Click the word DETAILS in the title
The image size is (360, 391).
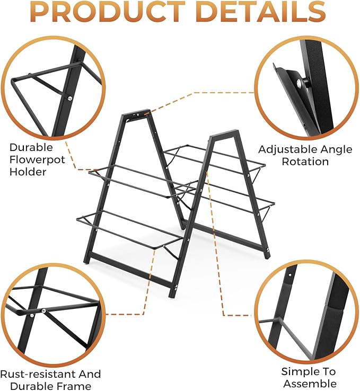pyautogui.click(x=261, y=12)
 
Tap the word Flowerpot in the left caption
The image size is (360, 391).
pyautogui.click(x=37, y=159)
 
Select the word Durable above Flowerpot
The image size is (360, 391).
pyautogui.click(x=31, y=147)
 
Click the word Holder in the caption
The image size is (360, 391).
pyautogui.click(x=28, y=172)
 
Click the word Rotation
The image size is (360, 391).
pyautogui.click(x=305, y=162)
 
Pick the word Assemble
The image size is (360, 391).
pyautogui.click(x=310, y=383)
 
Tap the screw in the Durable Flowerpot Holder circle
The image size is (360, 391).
pyautogui.click(x=69, y=99)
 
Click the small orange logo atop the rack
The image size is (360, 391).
pyautogui.click(x=147, y=114)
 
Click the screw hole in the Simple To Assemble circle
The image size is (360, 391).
pyautogui.click(x=289, y=276)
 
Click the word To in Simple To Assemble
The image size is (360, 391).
pyautogui.click(x=327, y=372)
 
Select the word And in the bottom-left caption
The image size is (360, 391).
pyautogui.click(x=89, y=374)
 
